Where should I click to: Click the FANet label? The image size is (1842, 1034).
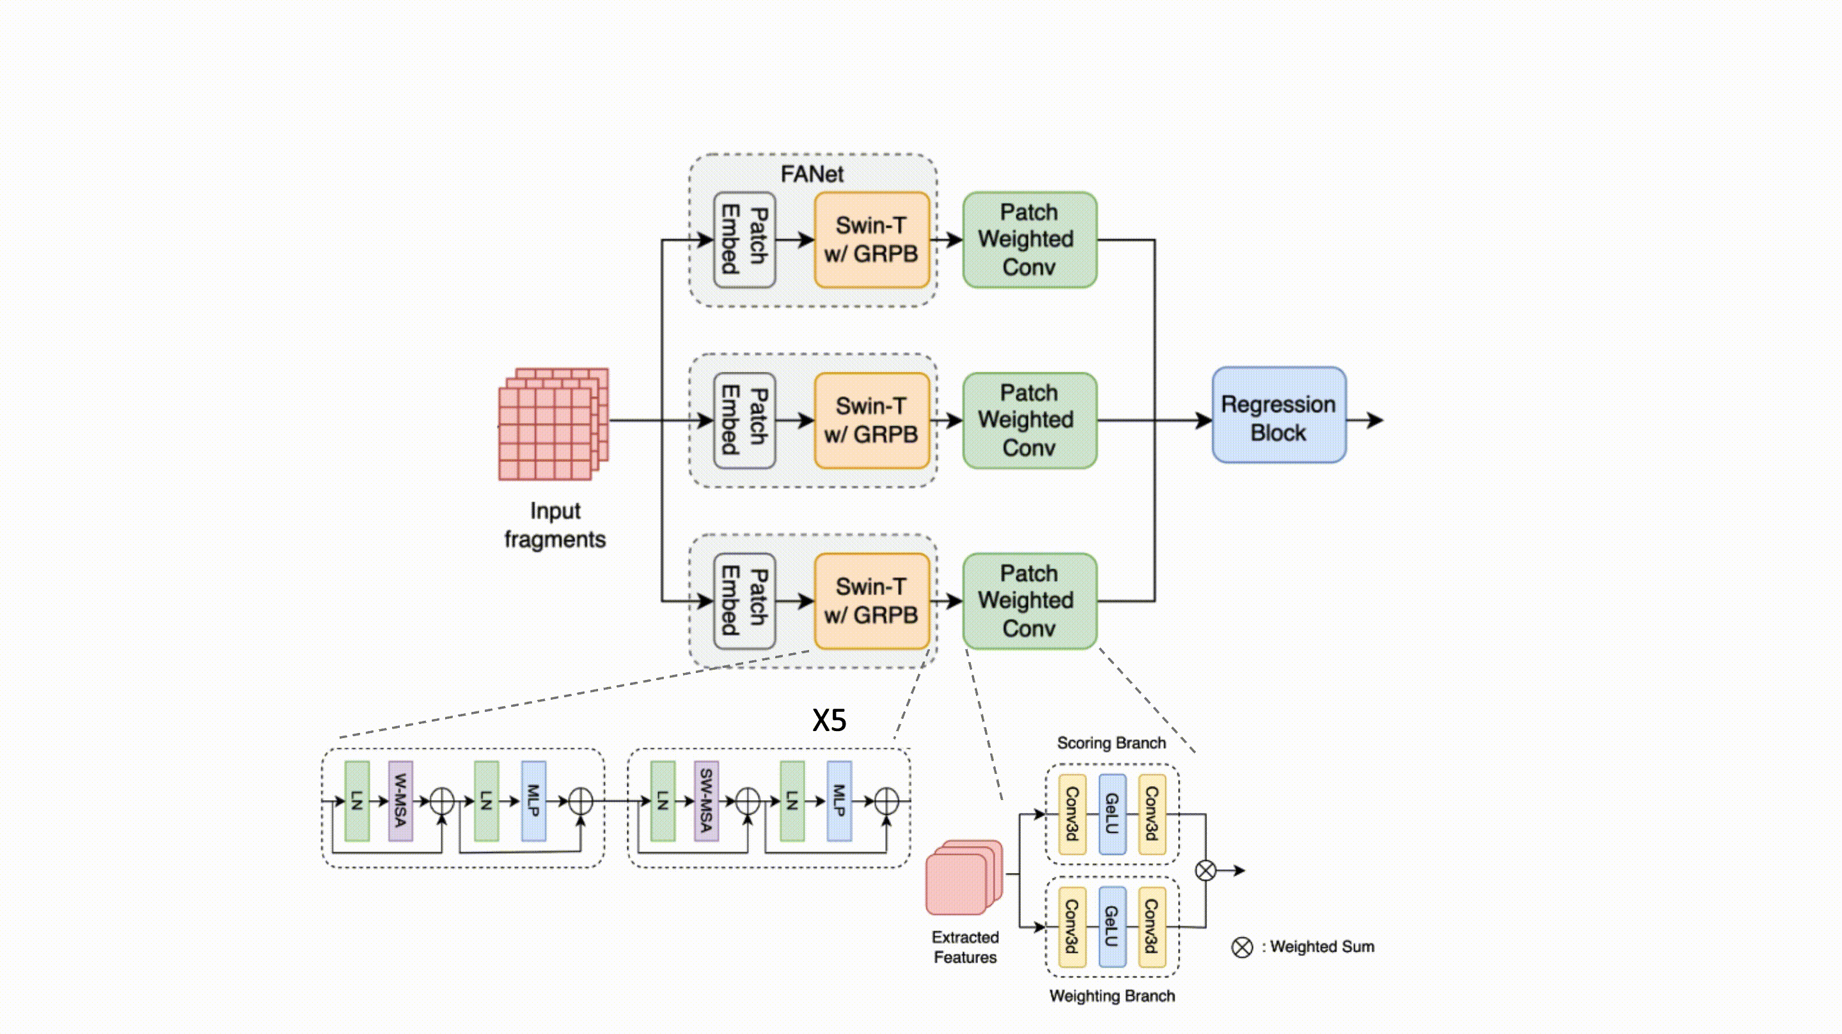point(812,174)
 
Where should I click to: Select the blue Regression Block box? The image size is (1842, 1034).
point(1279,416)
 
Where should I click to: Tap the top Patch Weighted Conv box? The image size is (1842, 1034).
point(1029,240)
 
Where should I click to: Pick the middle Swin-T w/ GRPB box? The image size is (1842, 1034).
point(871,420)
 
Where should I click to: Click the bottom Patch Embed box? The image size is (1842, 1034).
point(744,601)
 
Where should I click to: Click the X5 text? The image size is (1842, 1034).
point(830,720)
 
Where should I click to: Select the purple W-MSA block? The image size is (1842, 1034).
point(400,800)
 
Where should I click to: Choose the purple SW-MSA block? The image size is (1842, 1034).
point(705,800)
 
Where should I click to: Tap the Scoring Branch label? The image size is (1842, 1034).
point(1111,743)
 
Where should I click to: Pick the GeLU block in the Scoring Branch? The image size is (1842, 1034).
point(1112,814)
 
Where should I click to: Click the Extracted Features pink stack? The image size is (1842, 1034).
point(963,877)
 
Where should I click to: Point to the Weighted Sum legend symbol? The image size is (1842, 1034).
point(1242,948)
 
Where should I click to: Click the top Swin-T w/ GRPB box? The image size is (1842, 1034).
point(871,240)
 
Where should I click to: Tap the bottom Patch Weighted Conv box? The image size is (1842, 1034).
point(1029,601)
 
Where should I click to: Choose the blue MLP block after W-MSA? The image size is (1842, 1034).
point(533,800)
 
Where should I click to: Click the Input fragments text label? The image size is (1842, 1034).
point(555,525)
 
